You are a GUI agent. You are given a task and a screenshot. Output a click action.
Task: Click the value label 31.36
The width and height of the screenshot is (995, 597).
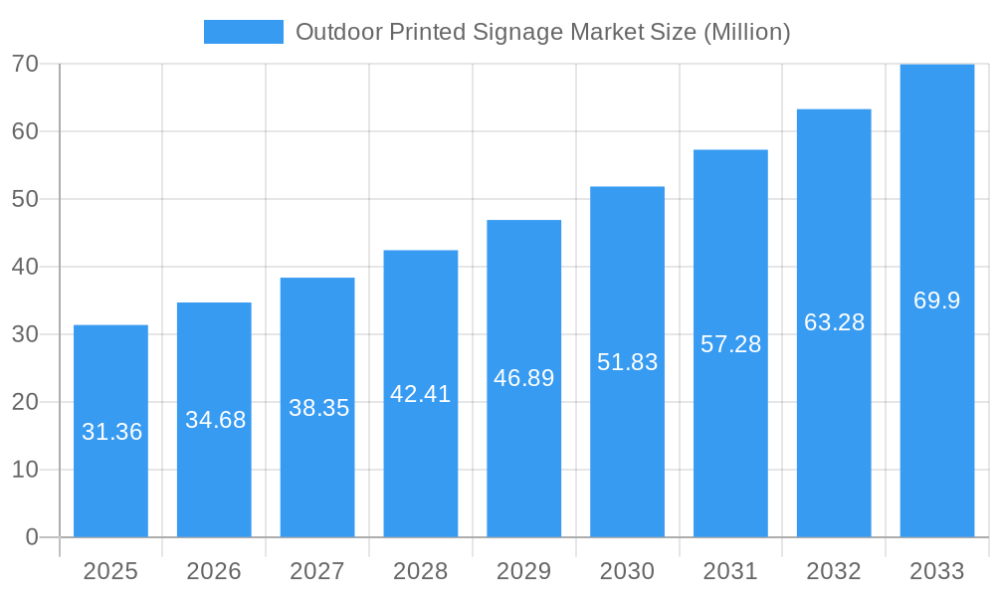click(111, 432)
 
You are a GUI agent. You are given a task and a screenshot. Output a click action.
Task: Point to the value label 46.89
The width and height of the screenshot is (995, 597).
click(523, 378)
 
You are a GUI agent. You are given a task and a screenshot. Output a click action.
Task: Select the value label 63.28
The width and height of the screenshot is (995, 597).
click(834, 322)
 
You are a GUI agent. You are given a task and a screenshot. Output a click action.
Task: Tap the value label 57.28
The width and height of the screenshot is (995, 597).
click(730, 344)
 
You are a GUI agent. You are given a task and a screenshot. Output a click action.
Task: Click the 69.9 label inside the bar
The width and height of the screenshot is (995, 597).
click(937, 300)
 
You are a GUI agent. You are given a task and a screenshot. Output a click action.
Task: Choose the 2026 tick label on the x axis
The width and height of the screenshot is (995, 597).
click(214, 571)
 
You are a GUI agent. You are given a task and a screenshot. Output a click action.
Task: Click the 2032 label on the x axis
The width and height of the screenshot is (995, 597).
click(834, 571)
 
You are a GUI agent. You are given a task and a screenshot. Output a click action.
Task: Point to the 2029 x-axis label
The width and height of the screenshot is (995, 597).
click(523, 571)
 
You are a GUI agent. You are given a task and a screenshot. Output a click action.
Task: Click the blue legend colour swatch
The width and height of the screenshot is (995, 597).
click(244, 32)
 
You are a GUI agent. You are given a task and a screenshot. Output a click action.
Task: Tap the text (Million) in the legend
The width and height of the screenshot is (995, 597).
click(746, 33)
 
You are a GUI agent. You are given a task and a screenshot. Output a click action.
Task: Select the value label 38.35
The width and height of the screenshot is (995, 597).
click(318, 408)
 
